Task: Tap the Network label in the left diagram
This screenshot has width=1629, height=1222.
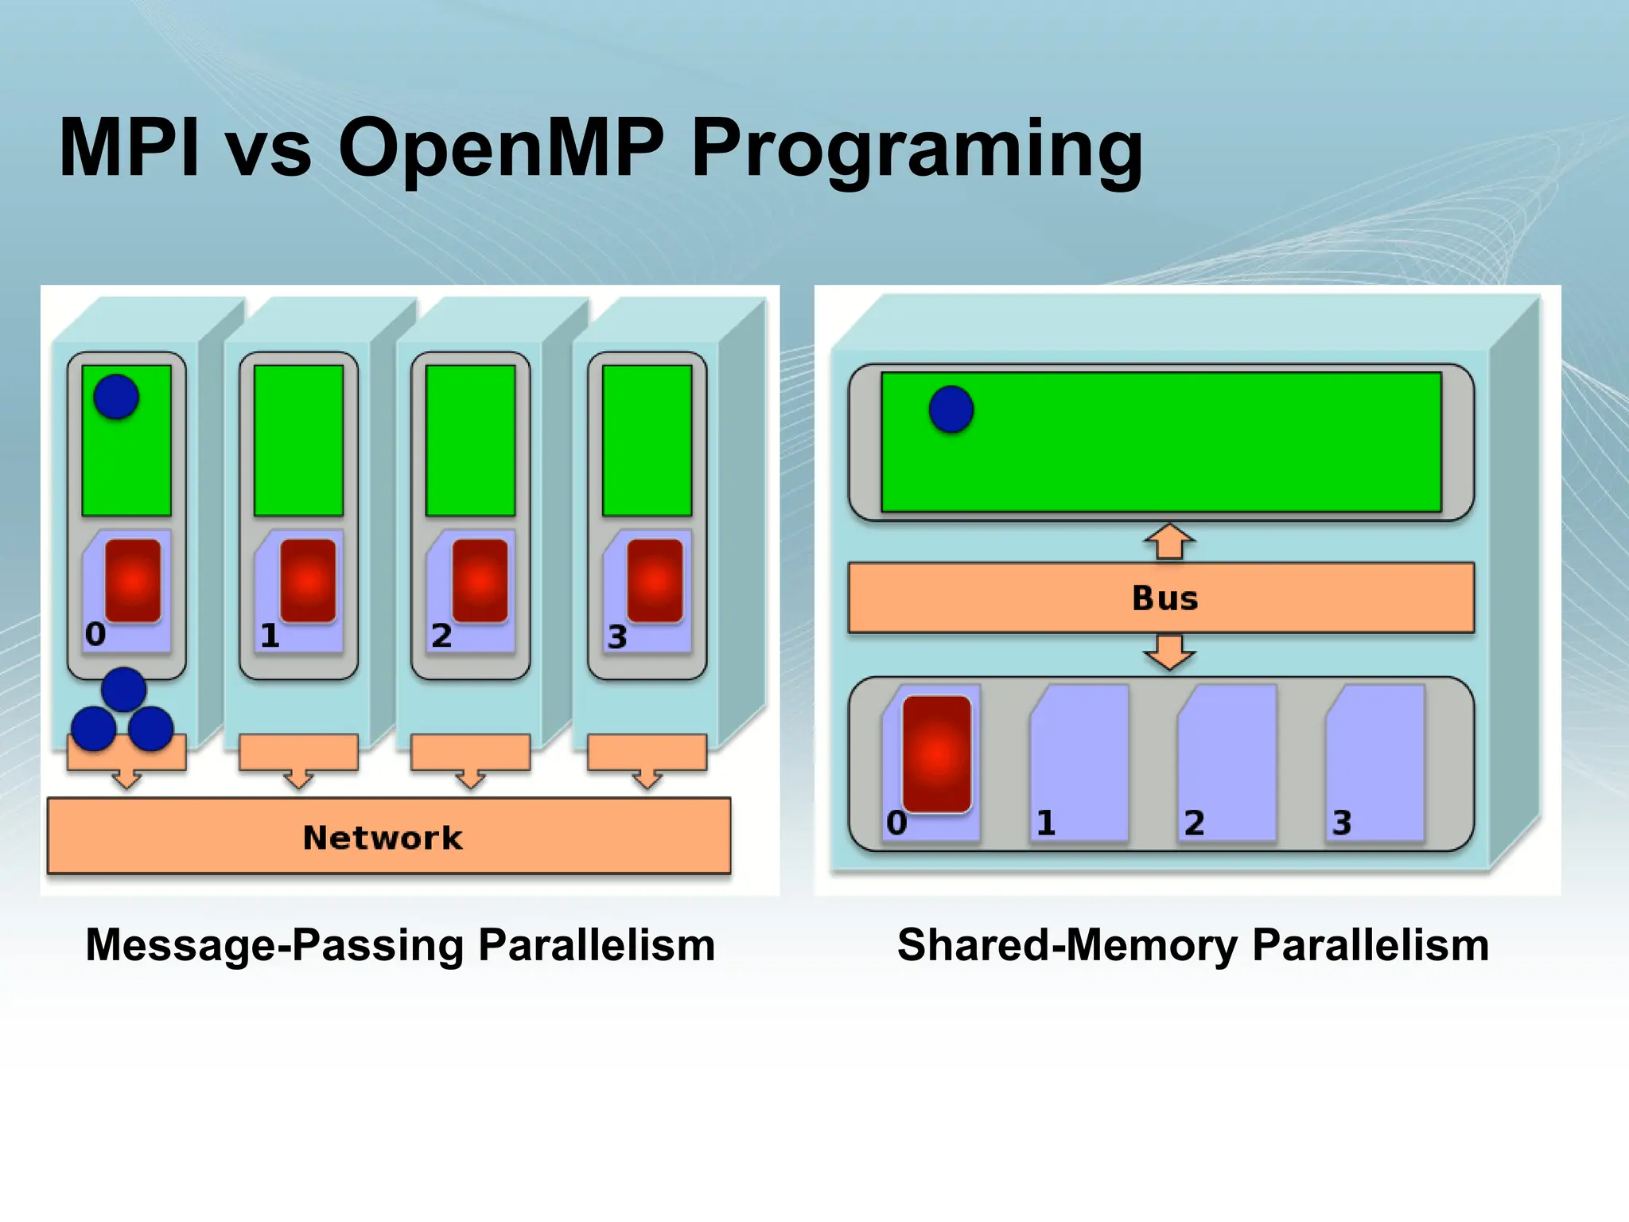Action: click(x=383, y=838)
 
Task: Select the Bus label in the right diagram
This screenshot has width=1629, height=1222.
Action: click(x=1164, y=598)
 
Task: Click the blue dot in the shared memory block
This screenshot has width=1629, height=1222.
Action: click(x=951, y=410)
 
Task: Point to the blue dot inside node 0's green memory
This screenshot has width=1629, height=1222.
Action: click(x=116, y=397)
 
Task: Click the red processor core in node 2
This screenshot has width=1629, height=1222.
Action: click(x=480, y=581)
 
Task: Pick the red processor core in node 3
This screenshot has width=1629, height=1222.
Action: click(x=655, y=581)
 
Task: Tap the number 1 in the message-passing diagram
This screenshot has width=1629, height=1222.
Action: click(x=270, y=636)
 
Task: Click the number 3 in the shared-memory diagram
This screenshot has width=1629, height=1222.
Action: click(x=1342, y=823)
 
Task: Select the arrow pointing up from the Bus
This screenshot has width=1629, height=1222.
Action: click(x=1168, y=542)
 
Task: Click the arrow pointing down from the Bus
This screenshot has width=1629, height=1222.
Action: click(x=1168, y=652)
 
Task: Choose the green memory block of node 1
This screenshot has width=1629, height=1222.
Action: click(x=298, y=440)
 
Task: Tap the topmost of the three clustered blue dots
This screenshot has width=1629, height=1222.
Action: click(x=123, y=689)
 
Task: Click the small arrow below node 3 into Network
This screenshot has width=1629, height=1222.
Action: click(x=647, y=779)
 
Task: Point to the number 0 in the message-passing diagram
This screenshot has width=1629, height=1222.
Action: click(x=95, y=634)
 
